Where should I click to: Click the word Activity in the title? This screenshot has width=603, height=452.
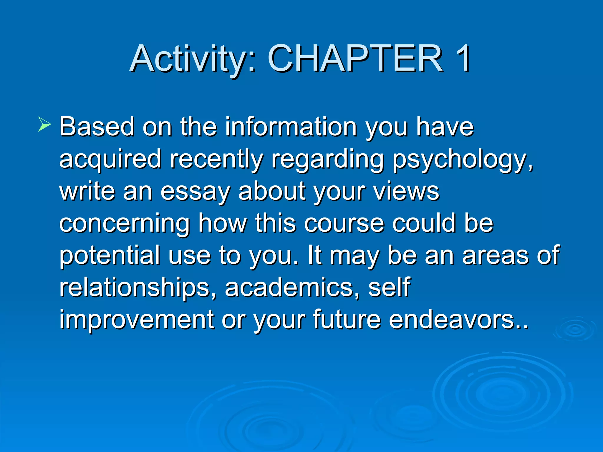pos(188,59)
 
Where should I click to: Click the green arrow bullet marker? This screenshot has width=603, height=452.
pos(44,124)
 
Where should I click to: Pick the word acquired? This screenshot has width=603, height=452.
pos(110,160)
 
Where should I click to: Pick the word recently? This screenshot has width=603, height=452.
pos(216,160)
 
